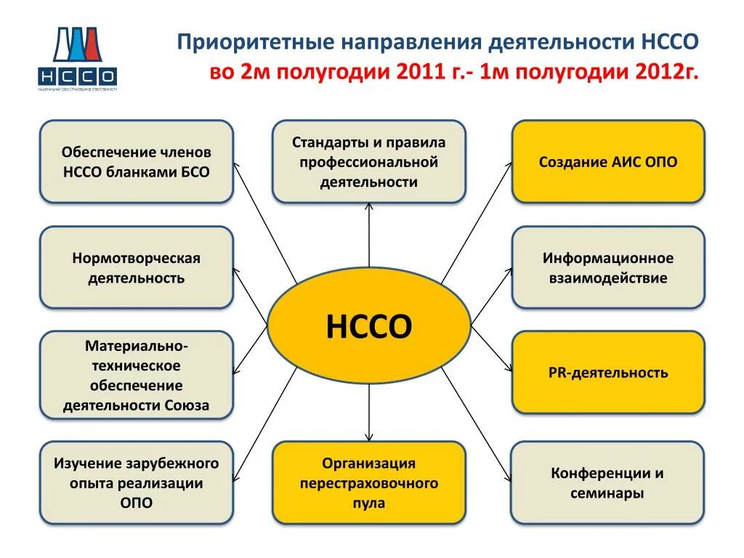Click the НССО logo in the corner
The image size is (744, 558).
(76, 59)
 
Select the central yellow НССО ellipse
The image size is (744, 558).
(369, 326)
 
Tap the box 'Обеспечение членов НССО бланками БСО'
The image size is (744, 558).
(137, 162)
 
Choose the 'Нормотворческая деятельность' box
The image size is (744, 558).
(137, 267)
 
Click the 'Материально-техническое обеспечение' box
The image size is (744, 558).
(137, 375)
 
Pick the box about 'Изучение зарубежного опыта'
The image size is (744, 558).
(137, 482)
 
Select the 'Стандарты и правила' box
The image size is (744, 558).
(369, 162)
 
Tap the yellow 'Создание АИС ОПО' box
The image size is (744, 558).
(608, 162)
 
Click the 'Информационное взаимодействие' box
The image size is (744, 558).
(608, 267)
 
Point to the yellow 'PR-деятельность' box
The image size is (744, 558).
(608, 373)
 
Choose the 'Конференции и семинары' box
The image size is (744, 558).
(608, 482)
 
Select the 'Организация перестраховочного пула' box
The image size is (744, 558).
(369, 482)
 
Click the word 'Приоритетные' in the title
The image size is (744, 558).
(251, 41)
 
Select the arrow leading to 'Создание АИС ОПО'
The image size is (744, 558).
(477, 222)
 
